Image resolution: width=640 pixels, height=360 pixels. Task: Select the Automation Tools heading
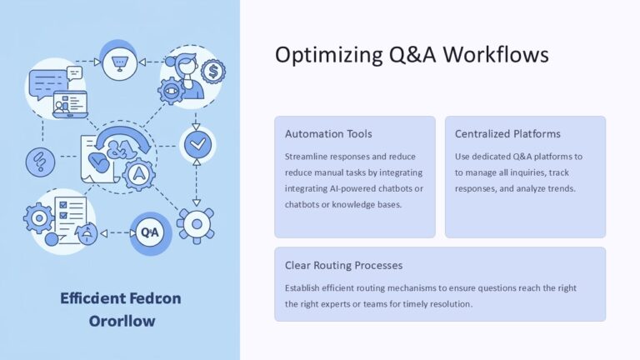coord(328,133)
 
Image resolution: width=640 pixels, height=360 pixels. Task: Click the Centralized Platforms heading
coord(507,133)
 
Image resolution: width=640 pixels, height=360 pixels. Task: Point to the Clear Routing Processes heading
coord(343,265)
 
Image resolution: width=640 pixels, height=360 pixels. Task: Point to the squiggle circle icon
coord(37,160)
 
